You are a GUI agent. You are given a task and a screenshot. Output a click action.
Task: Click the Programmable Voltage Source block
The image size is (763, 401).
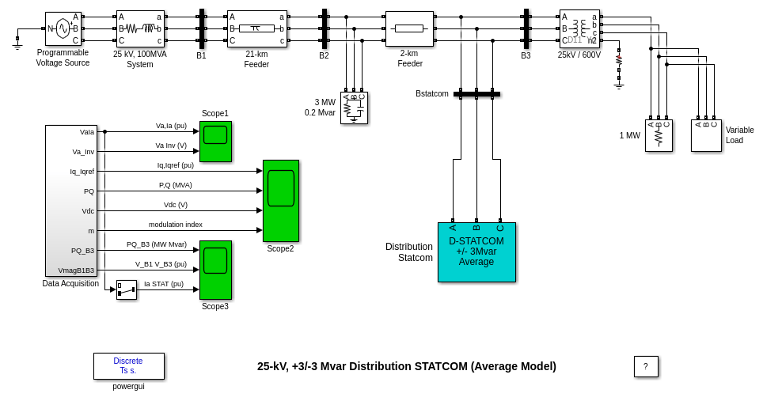(x=63, y=28)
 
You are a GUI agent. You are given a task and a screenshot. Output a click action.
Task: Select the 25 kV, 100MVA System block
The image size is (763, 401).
(x=140, y=28)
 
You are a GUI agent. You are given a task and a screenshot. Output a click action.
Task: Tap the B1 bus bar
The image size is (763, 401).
(x=202, y=28)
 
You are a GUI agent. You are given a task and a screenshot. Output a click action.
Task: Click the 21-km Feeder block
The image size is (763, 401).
(x=256, y=28)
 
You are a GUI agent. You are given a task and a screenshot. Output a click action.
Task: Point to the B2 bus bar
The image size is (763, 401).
(x=325, y=28)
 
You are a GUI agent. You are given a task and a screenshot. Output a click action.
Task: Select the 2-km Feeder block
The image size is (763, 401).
(x=409, y=28)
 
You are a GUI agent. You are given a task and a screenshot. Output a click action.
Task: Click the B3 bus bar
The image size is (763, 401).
(x=526, y=28)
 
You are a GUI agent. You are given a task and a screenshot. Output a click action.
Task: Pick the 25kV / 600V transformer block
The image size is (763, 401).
(x=579, y=28)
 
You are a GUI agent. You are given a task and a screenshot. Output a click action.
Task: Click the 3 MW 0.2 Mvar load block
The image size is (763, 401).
(x=354, y=108)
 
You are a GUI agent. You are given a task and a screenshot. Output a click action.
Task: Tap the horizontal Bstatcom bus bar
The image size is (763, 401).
(x=476, y=94)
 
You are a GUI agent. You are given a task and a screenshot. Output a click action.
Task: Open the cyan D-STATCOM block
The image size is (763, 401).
(x=476, y=252)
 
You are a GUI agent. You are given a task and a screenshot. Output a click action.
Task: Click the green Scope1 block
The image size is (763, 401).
(x=215, y=141)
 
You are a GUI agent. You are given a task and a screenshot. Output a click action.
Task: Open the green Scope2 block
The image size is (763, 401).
(x=280, y=200)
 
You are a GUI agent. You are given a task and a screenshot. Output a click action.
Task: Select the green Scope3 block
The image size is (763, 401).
(x=215, y=270)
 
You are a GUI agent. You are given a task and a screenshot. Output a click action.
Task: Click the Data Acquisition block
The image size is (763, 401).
(x=70, y=200)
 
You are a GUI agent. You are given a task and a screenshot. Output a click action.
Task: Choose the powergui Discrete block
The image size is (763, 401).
(x=128, y=365)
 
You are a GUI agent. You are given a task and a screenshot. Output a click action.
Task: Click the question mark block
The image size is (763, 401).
(x=646, y=366)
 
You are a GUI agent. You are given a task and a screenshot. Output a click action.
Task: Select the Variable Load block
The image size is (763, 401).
(x=706, y=135)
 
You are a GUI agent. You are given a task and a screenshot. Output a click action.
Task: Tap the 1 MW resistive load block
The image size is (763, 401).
(x=659, y=135)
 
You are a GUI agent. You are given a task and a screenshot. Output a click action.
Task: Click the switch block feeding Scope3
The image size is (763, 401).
(x=126, y=289)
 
